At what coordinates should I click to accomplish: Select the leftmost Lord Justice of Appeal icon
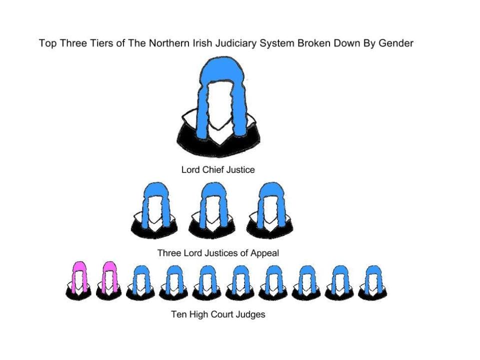(154, 210)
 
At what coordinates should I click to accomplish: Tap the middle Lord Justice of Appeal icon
(211, 210)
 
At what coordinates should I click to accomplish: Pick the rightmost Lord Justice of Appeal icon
(270, 210)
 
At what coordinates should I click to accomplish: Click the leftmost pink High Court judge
(79, 281)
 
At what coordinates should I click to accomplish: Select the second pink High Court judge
(109, 281)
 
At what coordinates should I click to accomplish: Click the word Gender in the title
(396, 43)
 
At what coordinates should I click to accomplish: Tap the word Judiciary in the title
(237, 43)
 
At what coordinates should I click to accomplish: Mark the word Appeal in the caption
(264, 253)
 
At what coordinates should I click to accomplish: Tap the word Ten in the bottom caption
(178, 314)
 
